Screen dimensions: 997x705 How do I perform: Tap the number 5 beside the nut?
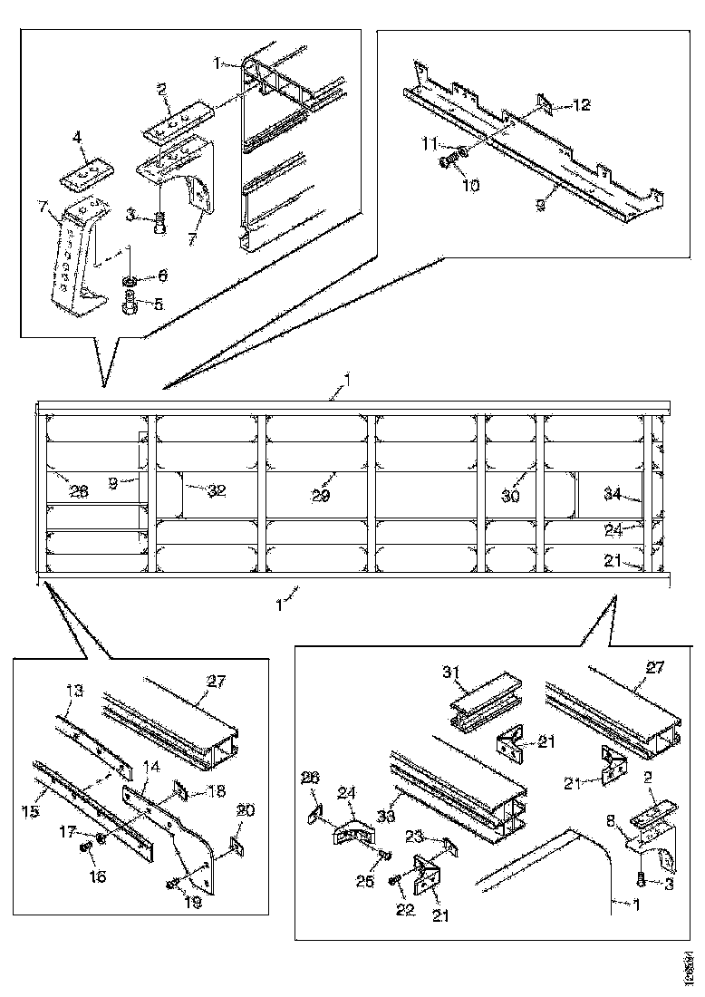[x=159, y=305]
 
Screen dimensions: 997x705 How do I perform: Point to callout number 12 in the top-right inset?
[x=581, y=105]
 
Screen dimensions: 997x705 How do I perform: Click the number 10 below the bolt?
[x=470, y=185]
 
